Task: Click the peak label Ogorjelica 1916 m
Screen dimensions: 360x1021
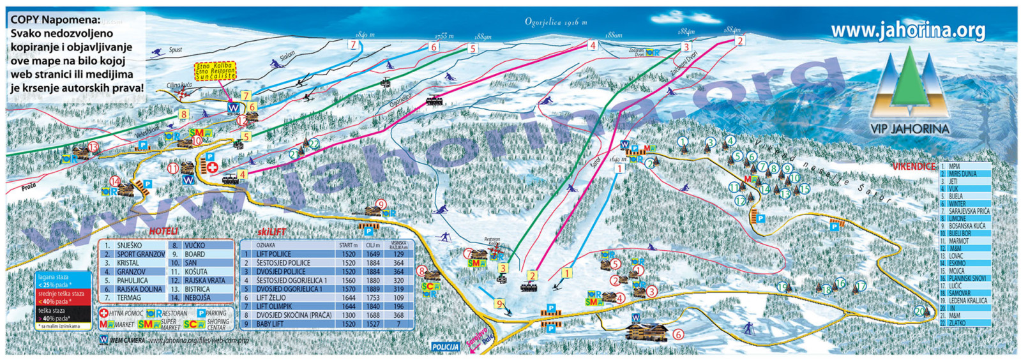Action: [556, 22]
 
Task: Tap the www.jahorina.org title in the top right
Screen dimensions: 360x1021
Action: [907, 30]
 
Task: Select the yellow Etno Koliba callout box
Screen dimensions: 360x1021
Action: [215, 71]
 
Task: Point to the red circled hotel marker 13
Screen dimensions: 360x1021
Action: [94, 147]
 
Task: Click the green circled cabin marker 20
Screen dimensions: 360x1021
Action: [919, 311]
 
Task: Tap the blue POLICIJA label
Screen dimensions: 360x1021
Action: [445, 347]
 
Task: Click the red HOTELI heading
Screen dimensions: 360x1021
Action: [164, 231]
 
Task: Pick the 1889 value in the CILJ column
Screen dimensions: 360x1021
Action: [373, 289]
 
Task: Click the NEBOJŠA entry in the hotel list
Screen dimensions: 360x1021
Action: [197, 298]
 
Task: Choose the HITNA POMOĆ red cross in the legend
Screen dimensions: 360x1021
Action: [104, 313]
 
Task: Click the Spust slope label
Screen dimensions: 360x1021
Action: [176, 50]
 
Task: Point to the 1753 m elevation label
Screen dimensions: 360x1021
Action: [444, 36]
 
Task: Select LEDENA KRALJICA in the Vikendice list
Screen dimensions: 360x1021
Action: [967, 301]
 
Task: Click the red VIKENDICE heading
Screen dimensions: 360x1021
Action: [913, 166]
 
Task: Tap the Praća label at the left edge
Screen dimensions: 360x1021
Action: [29, 187]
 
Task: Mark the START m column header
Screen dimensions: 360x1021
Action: [348, 245]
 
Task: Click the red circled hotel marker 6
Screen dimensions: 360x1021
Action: [678, 334]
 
